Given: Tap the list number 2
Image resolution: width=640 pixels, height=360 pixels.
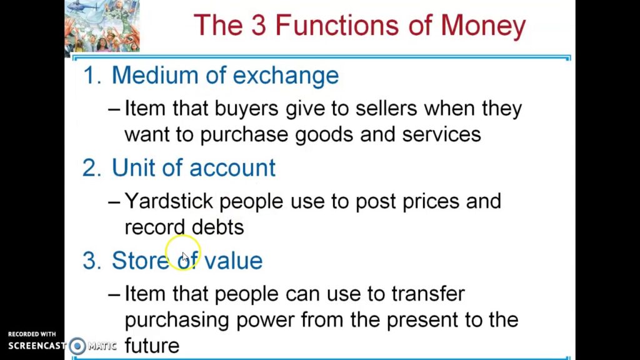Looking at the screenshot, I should pyautogui.click(x=91, y=168).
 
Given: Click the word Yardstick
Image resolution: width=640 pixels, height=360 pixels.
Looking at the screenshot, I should pyautogui.click(x=169, y=201).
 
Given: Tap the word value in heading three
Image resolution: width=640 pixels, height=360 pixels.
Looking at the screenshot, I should pyautogui.click(x=232, y=261).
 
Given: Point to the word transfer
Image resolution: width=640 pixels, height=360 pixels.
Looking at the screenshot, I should pyautogui.click(x=428, y=294).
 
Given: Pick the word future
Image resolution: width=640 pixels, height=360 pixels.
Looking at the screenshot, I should pyautogui.click(x=152, y=345).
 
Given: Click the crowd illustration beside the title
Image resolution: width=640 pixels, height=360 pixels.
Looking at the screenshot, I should pyautogui.click(x=102, y=26).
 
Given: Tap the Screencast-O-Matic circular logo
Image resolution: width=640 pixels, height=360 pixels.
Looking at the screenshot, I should pyautogui.click(x=77, y=346).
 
